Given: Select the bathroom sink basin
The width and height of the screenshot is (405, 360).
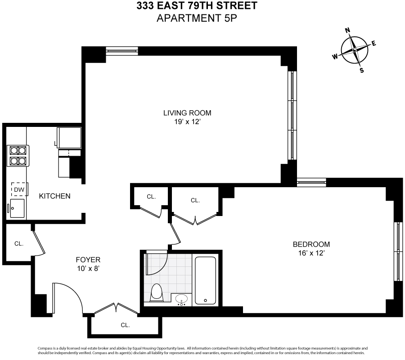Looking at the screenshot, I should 182,298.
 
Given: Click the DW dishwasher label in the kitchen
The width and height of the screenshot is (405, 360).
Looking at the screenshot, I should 18,190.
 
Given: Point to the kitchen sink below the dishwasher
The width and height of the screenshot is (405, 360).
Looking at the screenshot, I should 18,208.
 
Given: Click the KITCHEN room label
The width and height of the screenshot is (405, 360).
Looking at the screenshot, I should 54,196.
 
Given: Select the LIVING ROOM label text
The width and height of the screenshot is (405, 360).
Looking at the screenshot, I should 187,113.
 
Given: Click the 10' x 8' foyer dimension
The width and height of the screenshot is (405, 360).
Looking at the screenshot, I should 88,269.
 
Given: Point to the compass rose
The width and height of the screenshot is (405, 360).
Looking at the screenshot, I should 355,50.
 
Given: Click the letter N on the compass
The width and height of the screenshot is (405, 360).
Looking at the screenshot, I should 347,31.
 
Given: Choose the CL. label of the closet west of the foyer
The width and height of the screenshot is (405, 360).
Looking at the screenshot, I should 18,243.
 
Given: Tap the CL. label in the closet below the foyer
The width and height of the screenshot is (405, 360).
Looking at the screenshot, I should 125,325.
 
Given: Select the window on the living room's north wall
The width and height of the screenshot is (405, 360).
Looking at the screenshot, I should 122,51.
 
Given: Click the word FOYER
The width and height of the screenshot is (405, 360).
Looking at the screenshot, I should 88,260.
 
